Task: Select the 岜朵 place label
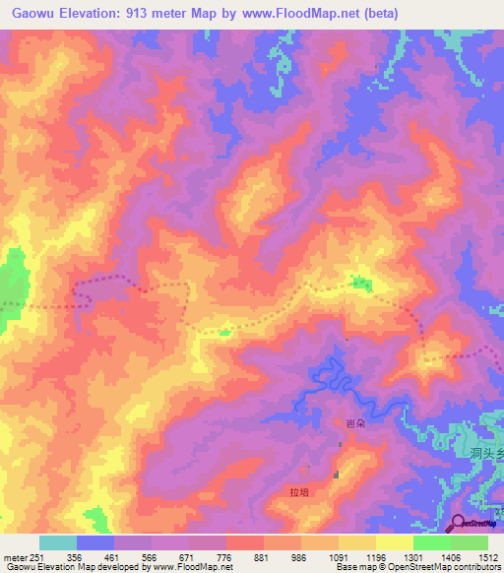[x=355, y=422]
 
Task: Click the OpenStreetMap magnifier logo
[x=459, y=524]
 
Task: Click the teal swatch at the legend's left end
[x=57, y=542]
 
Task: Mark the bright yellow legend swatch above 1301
[x=394, y=542]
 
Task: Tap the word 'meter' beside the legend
[x=14, y=556]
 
